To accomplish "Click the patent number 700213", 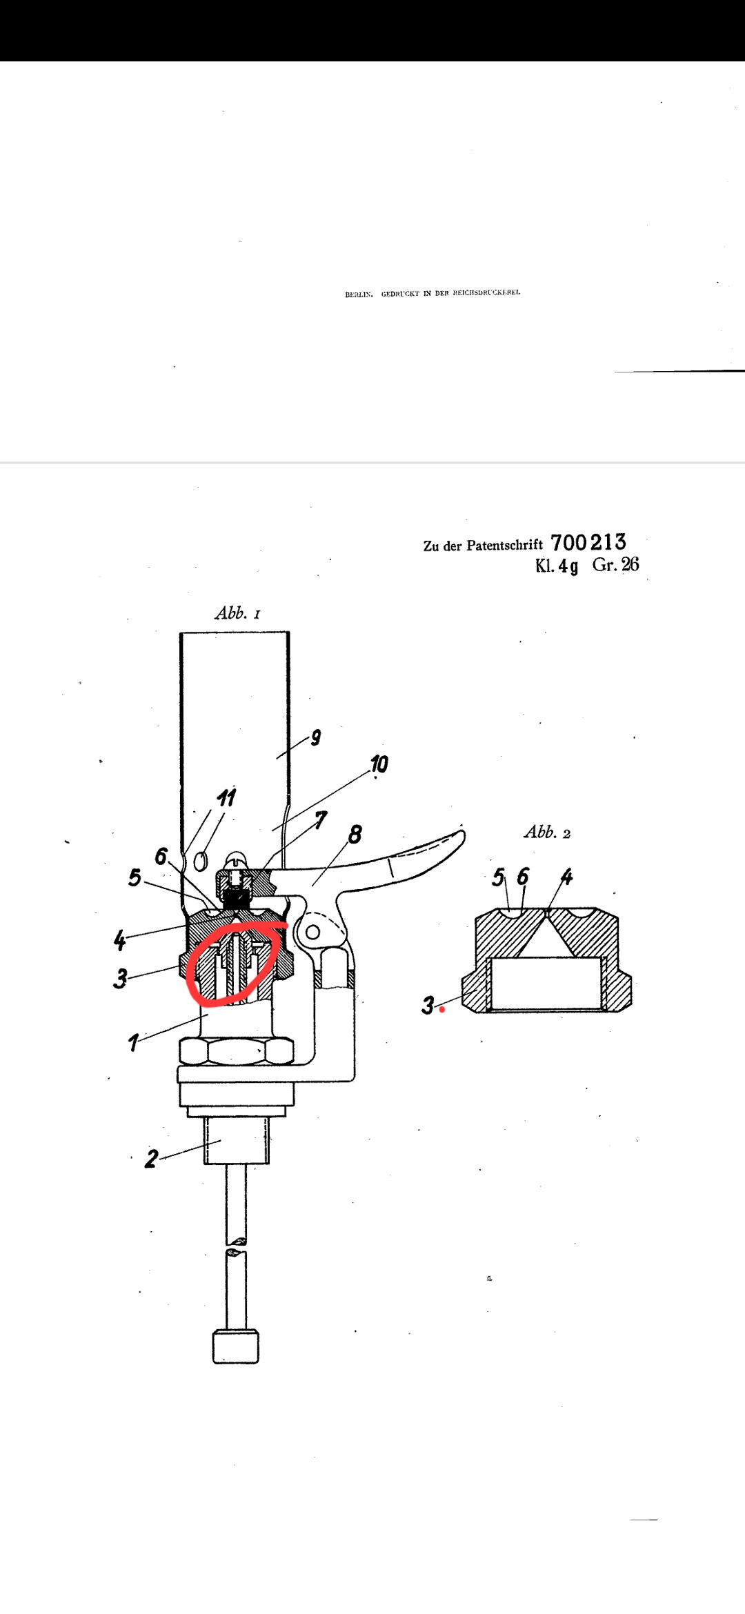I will point(588,543).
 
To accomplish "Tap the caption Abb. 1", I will point(237,613).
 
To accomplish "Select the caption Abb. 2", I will point(547,833).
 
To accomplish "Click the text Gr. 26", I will point(615,565).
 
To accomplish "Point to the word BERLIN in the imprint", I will point(359,294).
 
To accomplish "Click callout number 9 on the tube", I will point(315,737).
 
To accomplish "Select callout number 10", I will point(379,764).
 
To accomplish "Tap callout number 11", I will point(226,798).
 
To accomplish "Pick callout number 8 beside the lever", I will point(355,835).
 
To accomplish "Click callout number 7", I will point(321,820).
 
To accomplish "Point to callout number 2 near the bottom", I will point(151,1158).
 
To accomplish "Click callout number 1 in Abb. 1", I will point(133,1042).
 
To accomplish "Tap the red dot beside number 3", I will point(443,1010).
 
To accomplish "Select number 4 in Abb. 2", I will point(566,877).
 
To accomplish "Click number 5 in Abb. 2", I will point(498,877).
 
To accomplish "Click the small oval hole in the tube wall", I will point(201,861).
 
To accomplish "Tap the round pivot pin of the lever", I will point(312,933).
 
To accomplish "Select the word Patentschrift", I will point(504,546).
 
